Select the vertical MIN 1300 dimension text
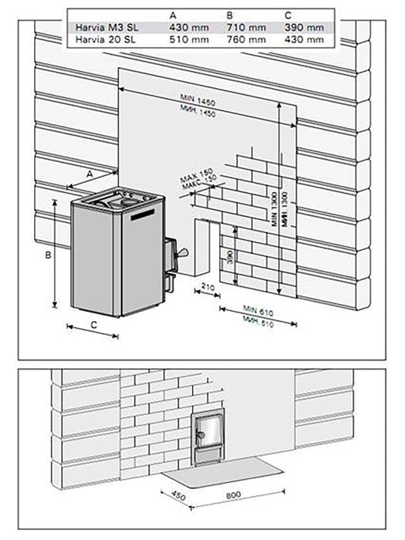(275, 208)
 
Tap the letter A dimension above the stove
(89, 174)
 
